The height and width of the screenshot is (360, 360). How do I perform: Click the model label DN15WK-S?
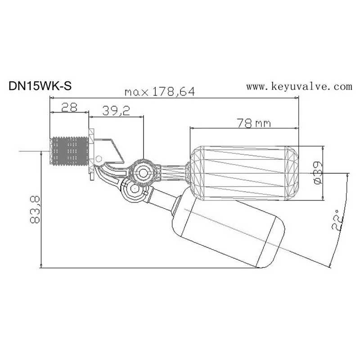click(40, 86)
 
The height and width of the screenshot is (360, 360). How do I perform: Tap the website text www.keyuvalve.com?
click(298, 86)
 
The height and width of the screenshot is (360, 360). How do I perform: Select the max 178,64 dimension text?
click(160, 92)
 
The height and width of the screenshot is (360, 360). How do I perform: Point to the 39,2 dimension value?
click(116, 111)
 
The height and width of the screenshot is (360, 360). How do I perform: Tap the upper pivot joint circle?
click(143, 172)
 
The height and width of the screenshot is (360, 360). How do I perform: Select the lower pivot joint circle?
click(134, 190)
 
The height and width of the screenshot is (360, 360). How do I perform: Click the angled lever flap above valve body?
click(112, 148)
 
